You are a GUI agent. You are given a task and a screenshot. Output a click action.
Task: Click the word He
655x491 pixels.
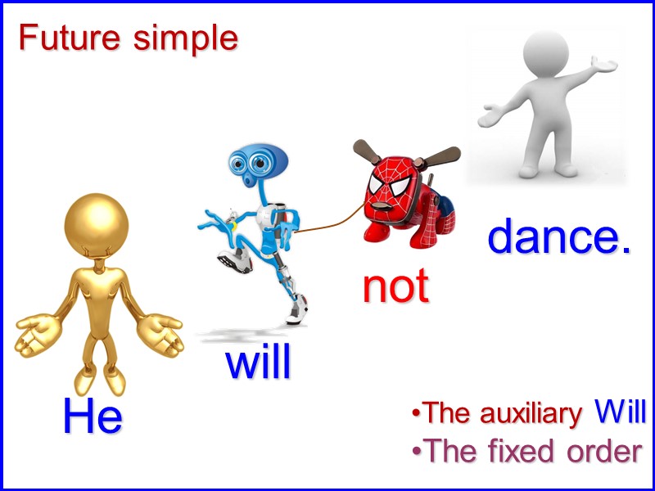click(x=93, y=417)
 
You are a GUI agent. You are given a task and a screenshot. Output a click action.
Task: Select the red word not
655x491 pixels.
click(x=395, y=286)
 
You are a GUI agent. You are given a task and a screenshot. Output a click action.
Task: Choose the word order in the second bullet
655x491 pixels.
click(x=601, y=451)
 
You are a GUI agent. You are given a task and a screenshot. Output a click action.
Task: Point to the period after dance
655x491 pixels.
click(x=626, y=250)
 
